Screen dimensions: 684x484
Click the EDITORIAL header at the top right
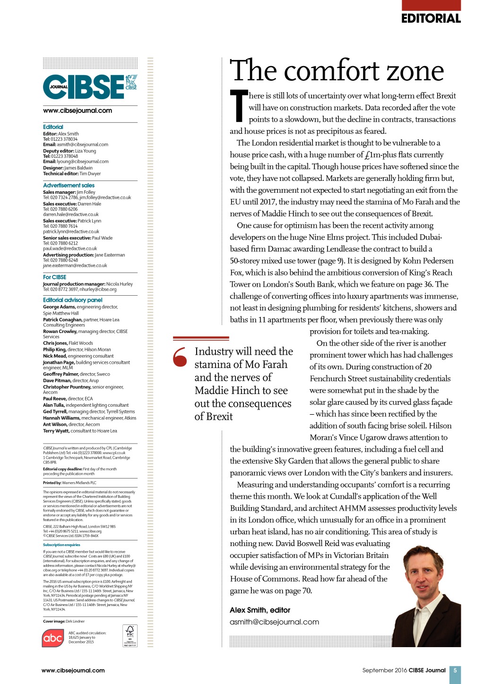pos(431,18)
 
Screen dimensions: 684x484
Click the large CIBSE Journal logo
pos(90,87)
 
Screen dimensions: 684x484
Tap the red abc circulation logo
pos(53,638)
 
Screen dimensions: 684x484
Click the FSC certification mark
pos(130,636)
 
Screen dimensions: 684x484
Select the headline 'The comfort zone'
pos(337,71)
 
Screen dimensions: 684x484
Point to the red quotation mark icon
pos(180,357)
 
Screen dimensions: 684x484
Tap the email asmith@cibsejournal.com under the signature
pos(274,622)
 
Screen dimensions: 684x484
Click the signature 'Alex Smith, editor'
pos(260,610)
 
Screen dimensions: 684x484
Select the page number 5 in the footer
pos(455,670)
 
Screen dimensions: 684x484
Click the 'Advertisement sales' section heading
pos(69,186)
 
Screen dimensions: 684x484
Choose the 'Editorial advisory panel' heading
pos(72,300)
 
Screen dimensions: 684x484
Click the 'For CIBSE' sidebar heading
pos(55,277)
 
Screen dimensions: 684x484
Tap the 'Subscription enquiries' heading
pos(61,545)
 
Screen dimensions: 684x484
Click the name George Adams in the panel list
pos(59,307)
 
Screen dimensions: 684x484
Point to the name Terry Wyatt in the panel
pos(55,431)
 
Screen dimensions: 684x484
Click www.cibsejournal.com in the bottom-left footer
pos(73,670)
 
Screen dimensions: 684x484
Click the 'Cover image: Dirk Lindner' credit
pos(64,621)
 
